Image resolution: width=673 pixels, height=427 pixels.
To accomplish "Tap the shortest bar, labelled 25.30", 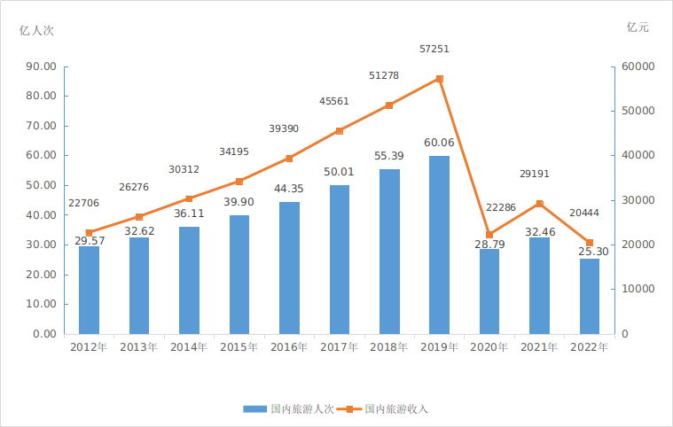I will point(589,296).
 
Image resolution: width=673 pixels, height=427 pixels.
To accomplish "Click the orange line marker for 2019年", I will point(440,79).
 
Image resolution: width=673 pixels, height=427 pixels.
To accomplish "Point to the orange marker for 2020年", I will point(489,235).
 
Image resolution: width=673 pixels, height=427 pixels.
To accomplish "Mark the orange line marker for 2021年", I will point(539,204).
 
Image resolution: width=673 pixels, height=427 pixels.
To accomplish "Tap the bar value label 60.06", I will point(439,143).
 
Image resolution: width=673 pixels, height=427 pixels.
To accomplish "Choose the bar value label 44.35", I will point(289,189).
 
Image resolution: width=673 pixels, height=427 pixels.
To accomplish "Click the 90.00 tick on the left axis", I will point(41,66).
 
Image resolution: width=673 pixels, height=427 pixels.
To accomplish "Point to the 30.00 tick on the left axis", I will point(41,245).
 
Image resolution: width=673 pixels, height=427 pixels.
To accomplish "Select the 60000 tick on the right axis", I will point(638,66).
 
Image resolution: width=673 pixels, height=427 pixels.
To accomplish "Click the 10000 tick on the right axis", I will point(638,289).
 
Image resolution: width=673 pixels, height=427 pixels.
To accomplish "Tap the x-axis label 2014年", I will point(189,347).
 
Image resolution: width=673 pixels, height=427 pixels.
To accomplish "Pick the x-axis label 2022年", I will point(589,347).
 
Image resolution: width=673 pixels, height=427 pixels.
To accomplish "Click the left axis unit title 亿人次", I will point(37,29).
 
